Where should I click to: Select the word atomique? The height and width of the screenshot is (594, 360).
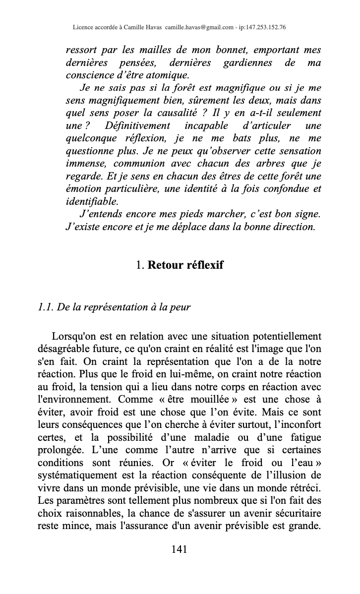(x=166, y=75)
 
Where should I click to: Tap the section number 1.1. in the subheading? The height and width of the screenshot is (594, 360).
(x=46, y=307)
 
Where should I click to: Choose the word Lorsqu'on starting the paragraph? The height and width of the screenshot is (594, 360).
(x=75, y=336)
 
